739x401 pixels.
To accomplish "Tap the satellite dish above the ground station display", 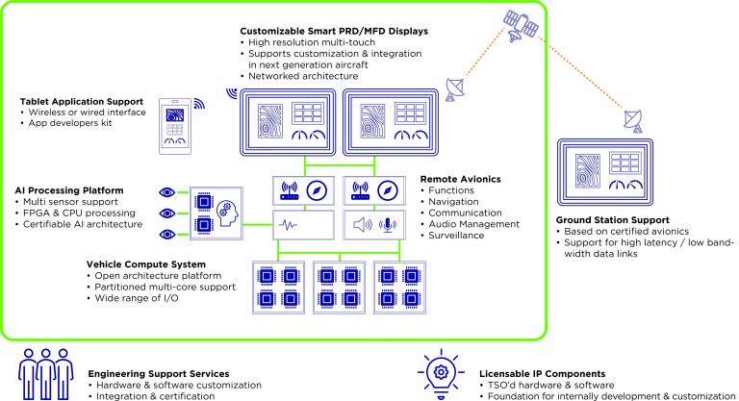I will [x=633, y=120].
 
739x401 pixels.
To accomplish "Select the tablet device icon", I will [x=174, y=126].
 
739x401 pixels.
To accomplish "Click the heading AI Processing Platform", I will [x=69, y=191].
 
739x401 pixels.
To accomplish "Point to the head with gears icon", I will [x=223, y=213].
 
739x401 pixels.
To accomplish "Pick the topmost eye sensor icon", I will [x=168, y=191].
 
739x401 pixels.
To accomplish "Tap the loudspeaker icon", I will [x=363, y=225].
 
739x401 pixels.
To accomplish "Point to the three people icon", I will [x=44, y=370].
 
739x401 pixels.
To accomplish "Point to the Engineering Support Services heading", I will [x=158, y=372].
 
